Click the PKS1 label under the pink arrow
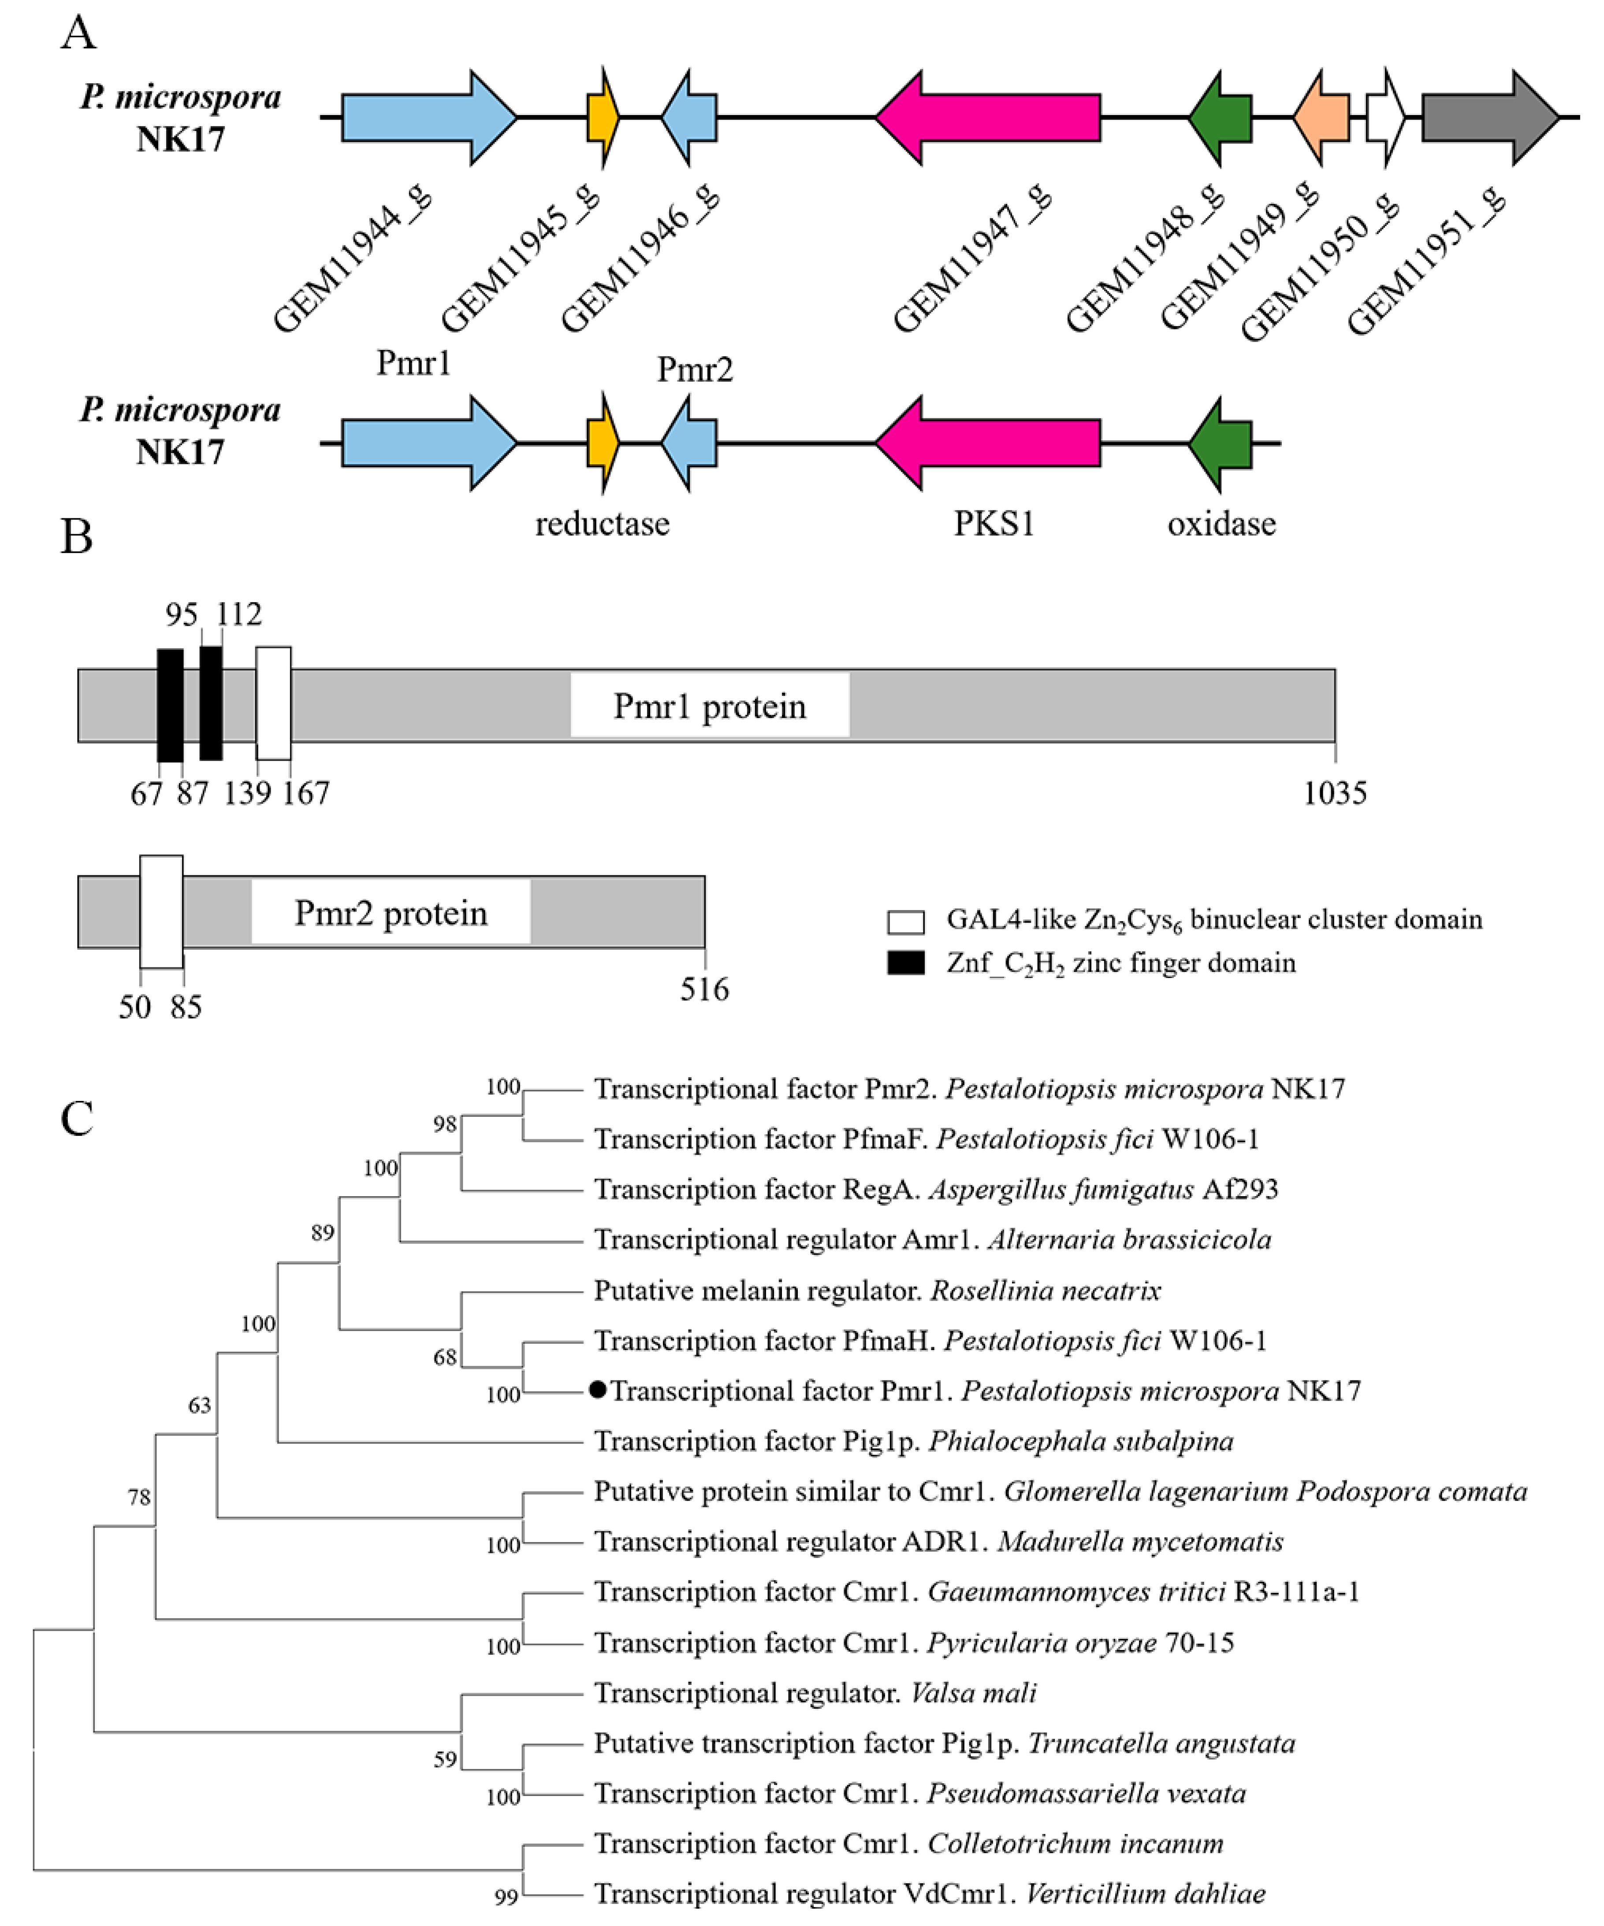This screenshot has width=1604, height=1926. click(994, 524)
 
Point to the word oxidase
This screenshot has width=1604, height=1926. click(1221, 524)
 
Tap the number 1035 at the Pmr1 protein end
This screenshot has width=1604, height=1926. click(1334, 792)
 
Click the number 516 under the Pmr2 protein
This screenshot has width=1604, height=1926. click(704, 989)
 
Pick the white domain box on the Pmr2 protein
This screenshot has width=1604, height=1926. click(161, 911)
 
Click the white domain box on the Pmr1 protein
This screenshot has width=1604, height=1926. click(273, 703)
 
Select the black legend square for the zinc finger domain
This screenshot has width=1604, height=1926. click(906, 963)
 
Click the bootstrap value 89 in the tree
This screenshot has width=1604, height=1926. click(322, 1233)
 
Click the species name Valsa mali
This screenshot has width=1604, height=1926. click(973, 1692)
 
